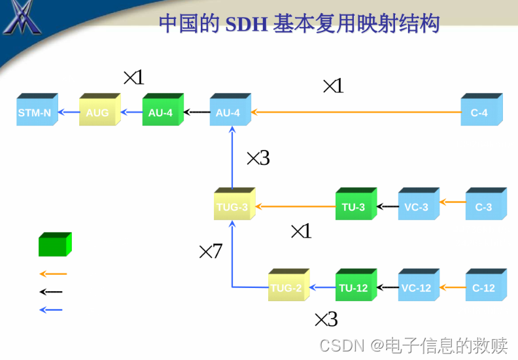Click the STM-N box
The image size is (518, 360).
(x=35, y=112)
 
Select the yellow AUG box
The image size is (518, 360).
(x=97, y=112)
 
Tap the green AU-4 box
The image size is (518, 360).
(x=160, y=112)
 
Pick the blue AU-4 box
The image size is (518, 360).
(x=228, y=112)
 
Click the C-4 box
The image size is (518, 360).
(x=479, y=112)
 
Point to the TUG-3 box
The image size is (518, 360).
(x=233, y=206)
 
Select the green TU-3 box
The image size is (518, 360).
(x=354, y=206)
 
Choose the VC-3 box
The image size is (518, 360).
(x=417, y=206)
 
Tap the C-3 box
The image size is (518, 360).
(x=484, y=206)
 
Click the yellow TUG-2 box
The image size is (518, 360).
(x=286, y=287)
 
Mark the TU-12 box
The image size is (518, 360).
(x=354, y=287)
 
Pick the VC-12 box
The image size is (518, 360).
(x=417, y=287)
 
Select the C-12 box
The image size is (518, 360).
(x=484, y=287)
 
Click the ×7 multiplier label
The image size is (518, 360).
(x=211, y=251)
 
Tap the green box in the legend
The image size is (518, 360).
(x=54, y=245)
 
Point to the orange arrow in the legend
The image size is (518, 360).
(x=53, y=274)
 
